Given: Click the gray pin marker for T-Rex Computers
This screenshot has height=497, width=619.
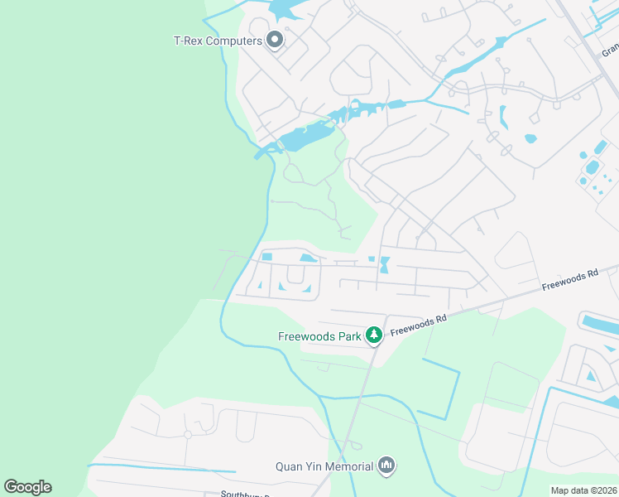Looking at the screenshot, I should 275,40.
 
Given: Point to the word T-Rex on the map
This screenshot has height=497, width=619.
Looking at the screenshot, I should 188,41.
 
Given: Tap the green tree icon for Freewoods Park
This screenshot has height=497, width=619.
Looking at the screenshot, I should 374,335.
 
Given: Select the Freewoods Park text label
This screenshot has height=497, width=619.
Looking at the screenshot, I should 319,336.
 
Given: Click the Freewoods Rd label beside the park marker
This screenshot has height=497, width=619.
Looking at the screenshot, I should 419,324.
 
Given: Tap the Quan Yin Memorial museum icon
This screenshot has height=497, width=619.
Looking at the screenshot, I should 386,466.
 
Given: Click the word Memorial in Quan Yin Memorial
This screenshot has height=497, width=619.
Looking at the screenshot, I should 348,467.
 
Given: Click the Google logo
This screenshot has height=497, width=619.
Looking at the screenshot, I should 27,487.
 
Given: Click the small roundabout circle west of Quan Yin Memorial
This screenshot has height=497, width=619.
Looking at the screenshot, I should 188,434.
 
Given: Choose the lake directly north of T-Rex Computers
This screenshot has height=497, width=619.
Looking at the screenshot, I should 284,9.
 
